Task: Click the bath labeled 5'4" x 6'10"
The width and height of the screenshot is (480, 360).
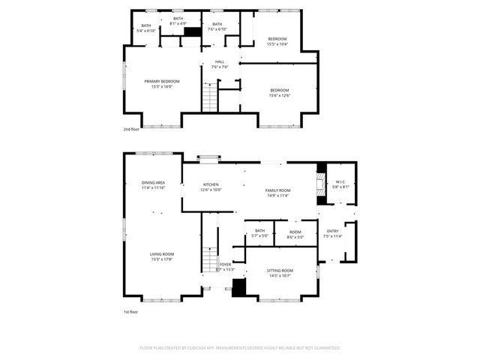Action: pyautogui.click(x=146, y=28)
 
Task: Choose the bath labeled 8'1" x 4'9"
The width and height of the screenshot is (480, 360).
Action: pyautogui.click(x=178, y=20)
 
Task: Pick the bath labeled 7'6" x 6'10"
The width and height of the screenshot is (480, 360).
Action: pyautogui.click(x=217, y=27)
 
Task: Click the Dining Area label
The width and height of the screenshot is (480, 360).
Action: pyautogui.click(x=153, y=185)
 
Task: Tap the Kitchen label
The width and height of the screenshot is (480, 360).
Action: pyautogui.click(x=211, y=187)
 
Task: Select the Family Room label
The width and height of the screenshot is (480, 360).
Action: pyautogui.click(x=277, y=193)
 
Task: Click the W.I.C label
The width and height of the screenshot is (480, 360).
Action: pyautogui.click(x=340, y=184)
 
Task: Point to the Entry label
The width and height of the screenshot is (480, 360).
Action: pyautogui.click(x=332, y=234)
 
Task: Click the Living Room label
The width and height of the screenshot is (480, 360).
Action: pyautogui.click(x=162, y=256)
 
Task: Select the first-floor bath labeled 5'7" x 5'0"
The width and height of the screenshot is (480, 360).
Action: pyautogui.click(x=259, y=233)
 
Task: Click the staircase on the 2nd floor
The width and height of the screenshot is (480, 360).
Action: pyautogui.click(x=210, y=97)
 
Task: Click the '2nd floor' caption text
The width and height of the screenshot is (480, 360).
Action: pyautogui.click(x=131, y=129)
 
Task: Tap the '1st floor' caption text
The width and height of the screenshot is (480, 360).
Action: pyautogui.click(x=130, y=311)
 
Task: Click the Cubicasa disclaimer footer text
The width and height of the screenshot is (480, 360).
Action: pyautogui.click(x=240, y=348)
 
